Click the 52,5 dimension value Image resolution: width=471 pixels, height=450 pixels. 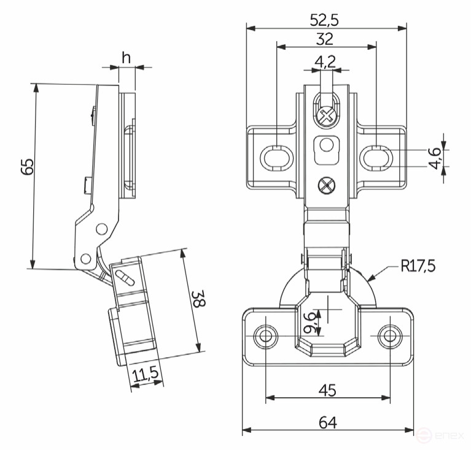[x=325, y=19]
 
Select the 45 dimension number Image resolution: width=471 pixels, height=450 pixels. [x=327, y=390]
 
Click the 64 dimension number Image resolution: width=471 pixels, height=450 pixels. [x=327, y=422]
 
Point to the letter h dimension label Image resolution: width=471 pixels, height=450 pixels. [x=126, y=58]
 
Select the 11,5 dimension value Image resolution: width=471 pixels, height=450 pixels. [x=146, y=373]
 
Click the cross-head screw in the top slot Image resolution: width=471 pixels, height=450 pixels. [x=328, y=114]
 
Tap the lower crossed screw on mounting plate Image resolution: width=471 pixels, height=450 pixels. [x=327, y=184]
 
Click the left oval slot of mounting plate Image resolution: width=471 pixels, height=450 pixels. [x=276, y=156]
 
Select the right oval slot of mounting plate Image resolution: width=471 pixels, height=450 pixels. [x=376, y=156]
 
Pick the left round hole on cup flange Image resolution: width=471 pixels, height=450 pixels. [x=265, y=336]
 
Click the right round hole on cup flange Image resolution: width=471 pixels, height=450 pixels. [x=389, y=336]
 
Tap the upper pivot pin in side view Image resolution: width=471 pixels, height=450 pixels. [x=101, y=230]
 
